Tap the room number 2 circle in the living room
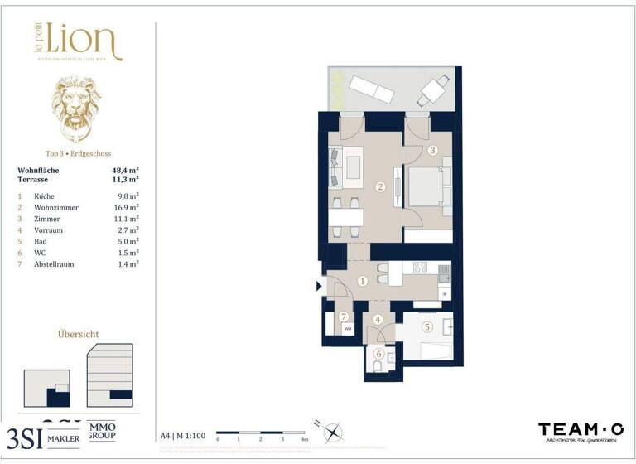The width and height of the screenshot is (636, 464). [380, 186]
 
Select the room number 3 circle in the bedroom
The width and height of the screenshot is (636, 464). [432, 151]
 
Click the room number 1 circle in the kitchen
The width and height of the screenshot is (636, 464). [362, 281]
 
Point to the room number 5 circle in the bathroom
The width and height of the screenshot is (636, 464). [427, 326]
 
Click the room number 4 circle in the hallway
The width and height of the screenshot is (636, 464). [378, 320]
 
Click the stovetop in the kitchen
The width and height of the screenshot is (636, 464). [420, 268]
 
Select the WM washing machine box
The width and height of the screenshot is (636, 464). [349, 329]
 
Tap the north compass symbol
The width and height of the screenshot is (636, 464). [332, 432]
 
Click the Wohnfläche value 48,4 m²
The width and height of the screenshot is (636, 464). [125, 169]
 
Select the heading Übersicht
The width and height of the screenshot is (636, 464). [79, 334]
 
